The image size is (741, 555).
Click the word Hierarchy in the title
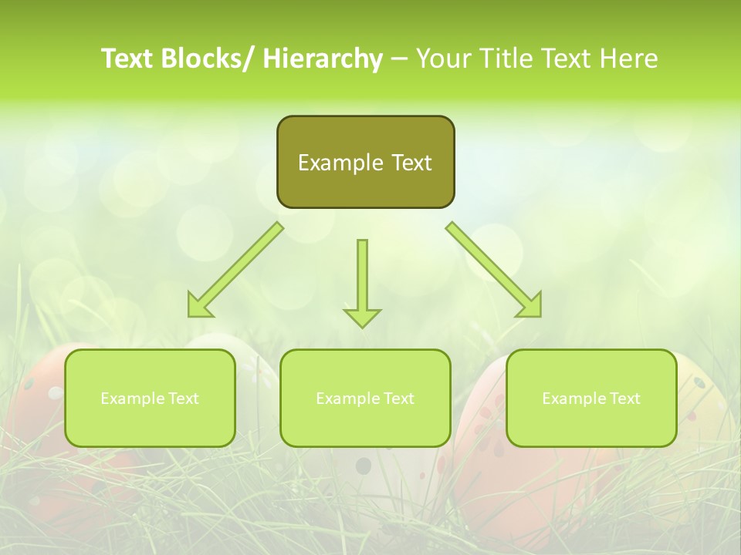point(323,59)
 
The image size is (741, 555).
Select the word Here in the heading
point(631,59)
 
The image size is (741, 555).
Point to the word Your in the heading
point(442,59)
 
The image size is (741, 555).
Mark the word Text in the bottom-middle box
point(398,399)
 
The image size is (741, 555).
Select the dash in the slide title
point(399,59)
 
